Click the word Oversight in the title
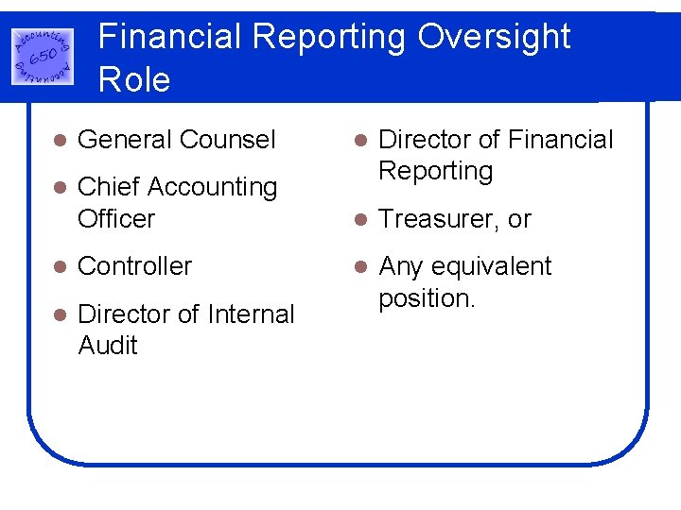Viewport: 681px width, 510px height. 494,37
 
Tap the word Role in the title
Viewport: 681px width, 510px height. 134,79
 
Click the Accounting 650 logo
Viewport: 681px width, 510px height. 43,56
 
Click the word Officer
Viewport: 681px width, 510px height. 116,218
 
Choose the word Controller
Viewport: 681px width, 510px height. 135,266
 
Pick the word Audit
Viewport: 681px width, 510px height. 108,346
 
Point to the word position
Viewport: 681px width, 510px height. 427,298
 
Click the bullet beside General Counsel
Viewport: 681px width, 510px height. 59,141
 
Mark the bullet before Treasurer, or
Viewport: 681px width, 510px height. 359,220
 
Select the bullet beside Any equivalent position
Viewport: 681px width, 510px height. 359,267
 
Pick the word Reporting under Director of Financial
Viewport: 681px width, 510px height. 435,171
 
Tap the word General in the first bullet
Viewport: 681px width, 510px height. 125,140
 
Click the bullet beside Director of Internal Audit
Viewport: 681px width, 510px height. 59,314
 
